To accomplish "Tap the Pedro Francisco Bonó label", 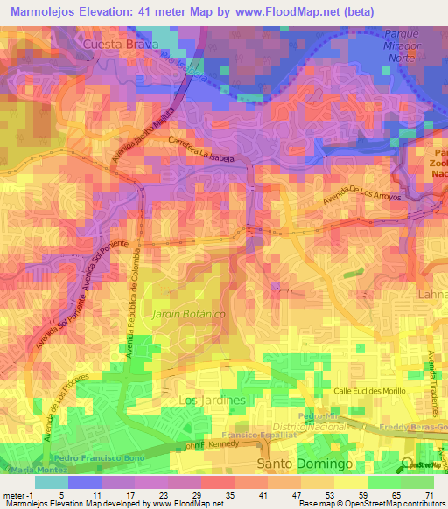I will (95, 458).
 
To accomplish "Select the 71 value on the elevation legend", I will (430, 495).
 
